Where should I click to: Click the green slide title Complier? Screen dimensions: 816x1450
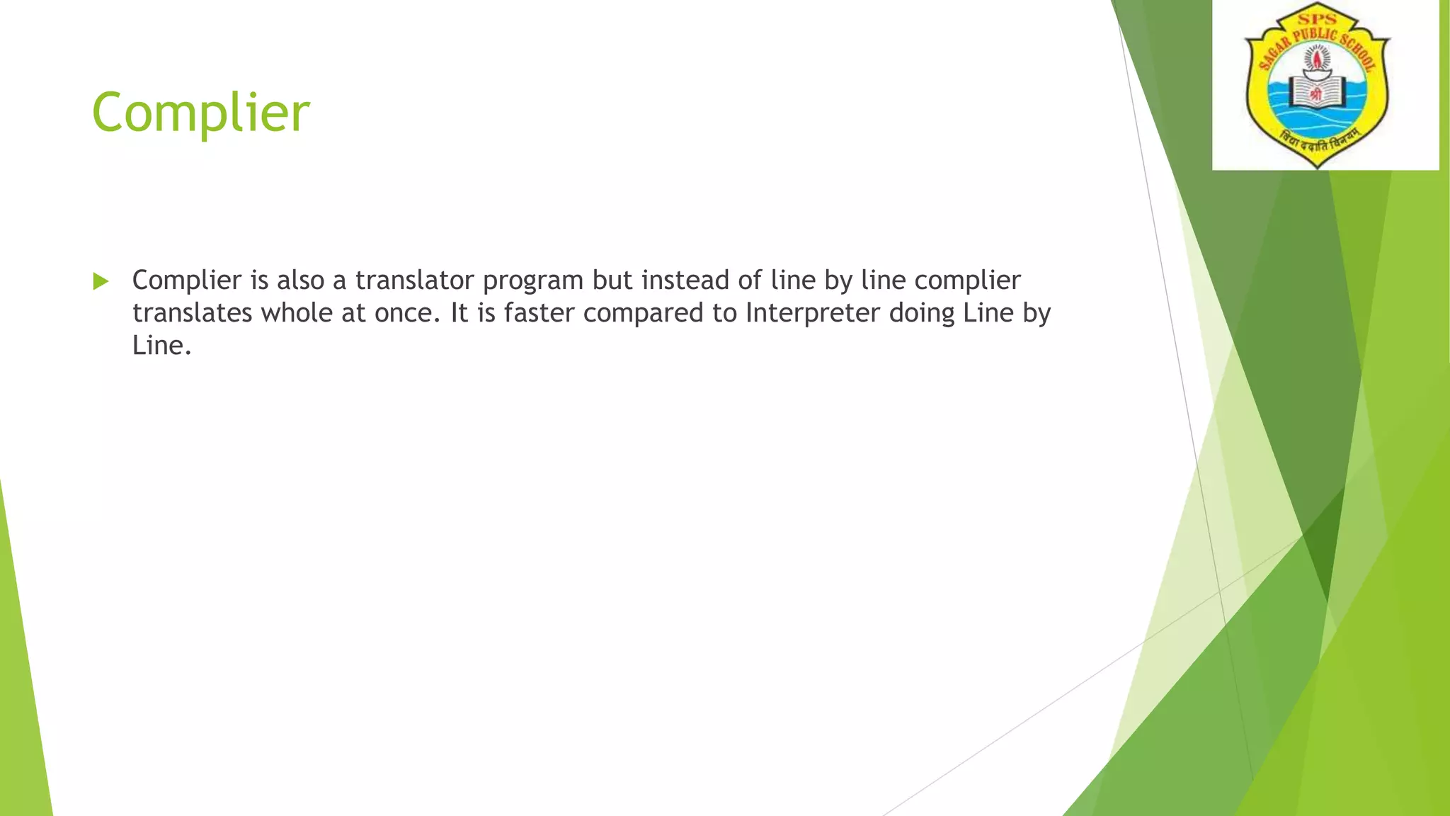pyautogui.click(x=200, y=113)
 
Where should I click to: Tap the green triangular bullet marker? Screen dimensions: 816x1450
pyautogui.click(x=101, y=281)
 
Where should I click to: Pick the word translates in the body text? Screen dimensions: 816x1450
pyautogui.click(x=192, y=313)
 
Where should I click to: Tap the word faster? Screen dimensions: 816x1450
pyautogui.click(x=539, y=313)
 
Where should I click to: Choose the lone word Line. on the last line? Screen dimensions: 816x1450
pyautogui.click(x=162, y=346)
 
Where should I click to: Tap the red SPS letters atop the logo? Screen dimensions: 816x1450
pyautogui.click(x=1316, y=19)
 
